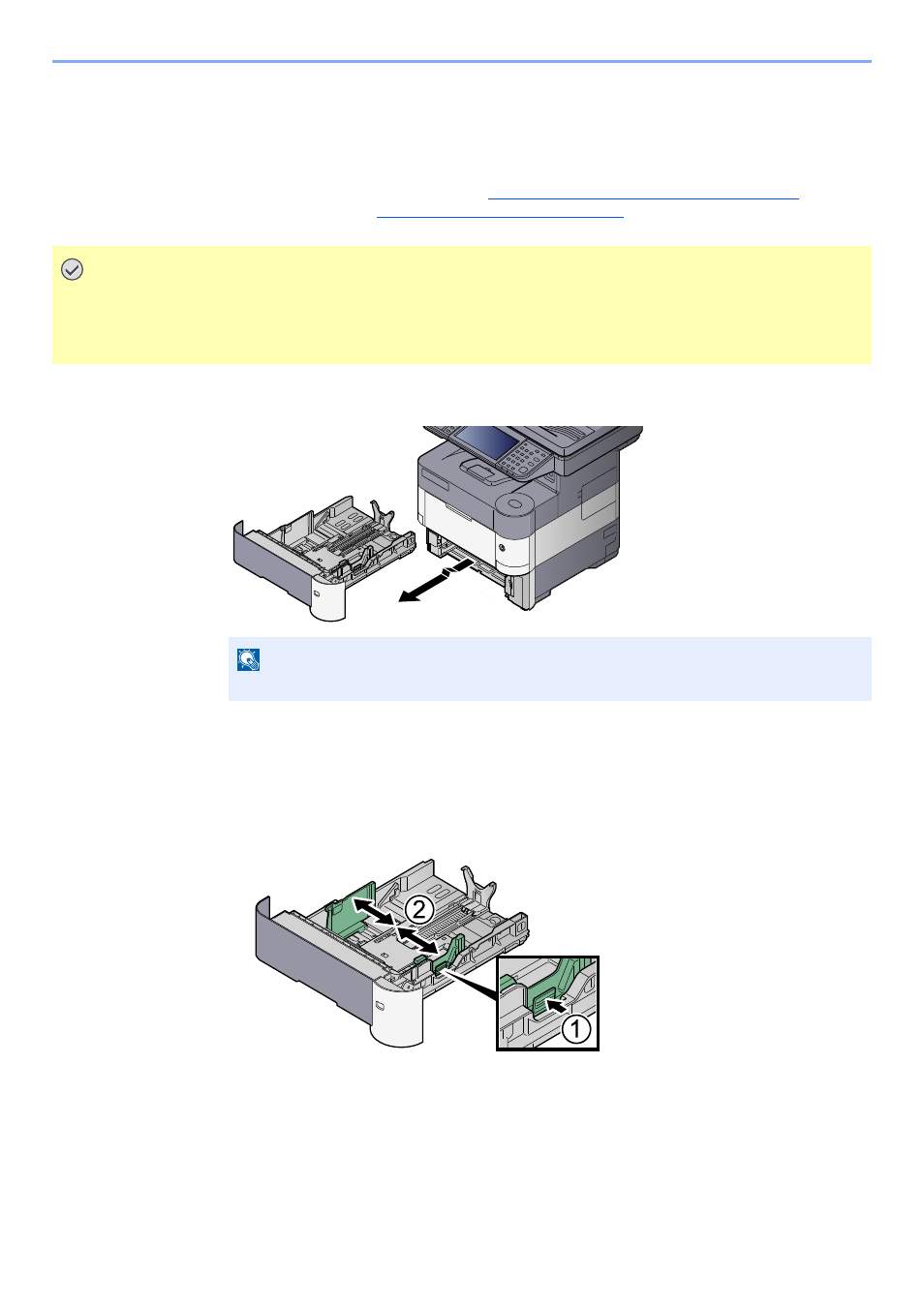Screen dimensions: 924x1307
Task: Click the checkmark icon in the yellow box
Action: pos(72,269)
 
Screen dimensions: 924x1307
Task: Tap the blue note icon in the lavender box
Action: pos(248,660)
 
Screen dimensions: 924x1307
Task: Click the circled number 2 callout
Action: pos(419,910)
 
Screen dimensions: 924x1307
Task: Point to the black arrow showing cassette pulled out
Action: pos(435,580)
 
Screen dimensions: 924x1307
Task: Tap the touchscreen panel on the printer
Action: pos(484,441)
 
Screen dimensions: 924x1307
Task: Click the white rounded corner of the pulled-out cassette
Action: pos(328,597)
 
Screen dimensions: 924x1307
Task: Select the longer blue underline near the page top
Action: pos(643,199)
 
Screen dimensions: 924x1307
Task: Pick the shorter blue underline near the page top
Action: pos(500,217)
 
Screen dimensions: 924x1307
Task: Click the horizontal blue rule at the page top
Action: pos(462,61)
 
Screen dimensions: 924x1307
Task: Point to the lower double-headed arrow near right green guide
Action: pos(417,940)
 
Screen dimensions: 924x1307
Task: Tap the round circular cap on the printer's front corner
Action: pos(515,503)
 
